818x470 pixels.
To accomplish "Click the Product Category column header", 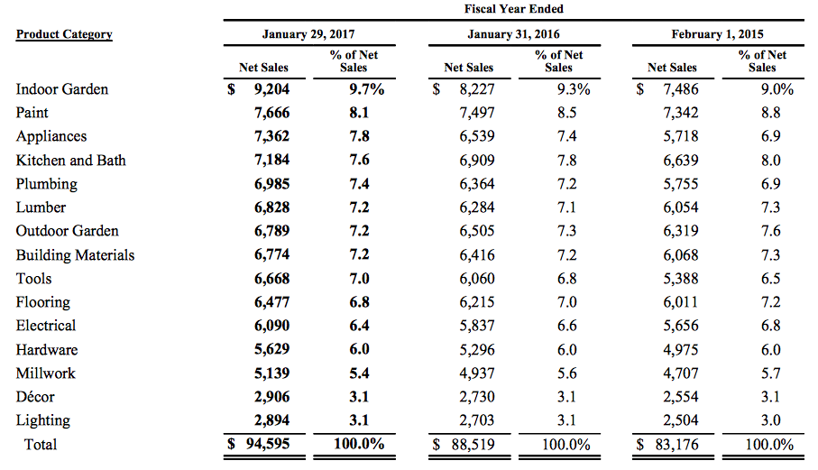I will coord(64,34).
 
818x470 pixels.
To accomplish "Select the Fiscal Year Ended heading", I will coord(513,9).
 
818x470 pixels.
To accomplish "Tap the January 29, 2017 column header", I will coord(308,34).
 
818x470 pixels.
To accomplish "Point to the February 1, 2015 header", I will coord(717,34).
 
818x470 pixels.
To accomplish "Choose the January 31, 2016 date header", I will coord(513,34).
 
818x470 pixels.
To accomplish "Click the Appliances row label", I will coord(51,136).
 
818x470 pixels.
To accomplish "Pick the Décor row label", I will coord(35,397).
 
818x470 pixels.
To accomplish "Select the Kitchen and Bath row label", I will coord(71,161).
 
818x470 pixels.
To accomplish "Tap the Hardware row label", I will coord(47,350).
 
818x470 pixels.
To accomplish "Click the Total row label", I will coord(41,444).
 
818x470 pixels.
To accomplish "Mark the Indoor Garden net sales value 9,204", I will coord(271,89).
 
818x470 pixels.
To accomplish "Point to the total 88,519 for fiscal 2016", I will coord(473,444).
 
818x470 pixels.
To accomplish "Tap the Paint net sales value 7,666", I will coord(271,113).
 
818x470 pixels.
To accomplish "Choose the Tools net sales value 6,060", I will coord(476,279).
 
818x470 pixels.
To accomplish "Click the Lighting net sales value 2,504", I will coord(679,420).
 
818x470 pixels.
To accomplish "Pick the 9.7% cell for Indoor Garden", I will coord(366,89).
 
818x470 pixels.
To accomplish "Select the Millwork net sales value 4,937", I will coord(476,373).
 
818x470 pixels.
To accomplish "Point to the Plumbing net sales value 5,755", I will coord(679,184).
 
